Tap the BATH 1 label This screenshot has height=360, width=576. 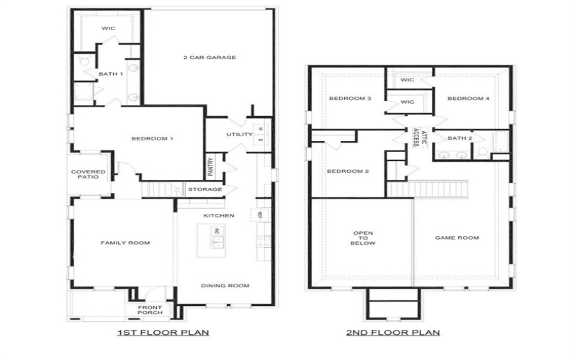coord(111,74)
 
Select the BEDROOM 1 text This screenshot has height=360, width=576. coord(151,138)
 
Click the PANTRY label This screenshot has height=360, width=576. coord(210,167)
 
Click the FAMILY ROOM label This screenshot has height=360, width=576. coord(125,243)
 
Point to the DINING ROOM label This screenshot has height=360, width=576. coord(225,286)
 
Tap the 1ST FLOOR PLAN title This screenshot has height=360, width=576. coord(163,333)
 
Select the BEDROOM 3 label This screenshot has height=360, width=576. coord(349,99)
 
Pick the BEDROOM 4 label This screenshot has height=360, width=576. coord(468,99)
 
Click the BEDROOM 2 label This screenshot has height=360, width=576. coord(348,171)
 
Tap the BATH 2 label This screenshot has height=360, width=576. coord(460,138)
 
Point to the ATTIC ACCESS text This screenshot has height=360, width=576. coord(419,138)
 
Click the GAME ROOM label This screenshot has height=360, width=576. coord(457,238)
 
